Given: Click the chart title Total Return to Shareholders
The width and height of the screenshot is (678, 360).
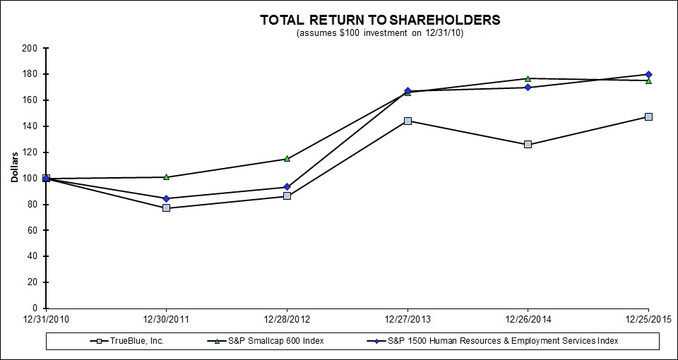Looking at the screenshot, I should point(380,20).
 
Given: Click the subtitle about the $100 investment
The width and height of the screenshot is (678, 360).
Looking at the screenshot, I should point(380,32).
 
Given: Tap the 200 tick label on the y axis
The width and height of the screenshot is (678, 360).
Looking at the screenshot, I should point(29,48).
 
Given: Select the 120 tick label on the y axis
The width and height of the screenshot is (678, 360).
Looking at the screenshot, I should point(29,152).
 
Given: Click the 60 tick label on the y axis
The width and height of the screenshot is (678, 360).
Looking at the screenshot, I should point(32,230).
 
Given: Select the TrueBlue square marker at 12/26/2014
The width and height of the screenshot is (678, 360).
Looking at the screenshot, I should point(528,144).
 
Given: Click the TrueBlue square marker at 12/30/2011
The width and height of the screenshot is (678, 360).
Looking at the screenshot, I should point(166,208).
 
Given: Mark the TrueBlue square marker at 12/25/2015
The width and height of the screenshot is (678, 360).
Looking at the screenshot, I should point(648,116).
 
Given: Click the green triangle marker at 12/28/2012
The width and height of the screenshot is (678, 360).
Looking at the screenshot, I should point(287,158).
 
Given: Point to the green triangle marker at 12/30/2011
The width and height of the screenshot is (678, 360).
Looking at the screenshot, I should point(166,176).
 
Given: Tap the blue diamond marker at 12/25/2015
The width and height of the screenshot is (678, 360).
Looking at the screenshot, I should point(648,74).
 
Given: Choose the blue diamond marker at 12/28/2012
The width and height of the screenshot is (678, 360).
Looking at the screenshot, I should point(287,187).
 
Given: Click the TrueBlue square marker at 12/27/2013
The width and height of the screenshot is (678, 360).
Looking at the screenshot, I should point(408,121).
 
